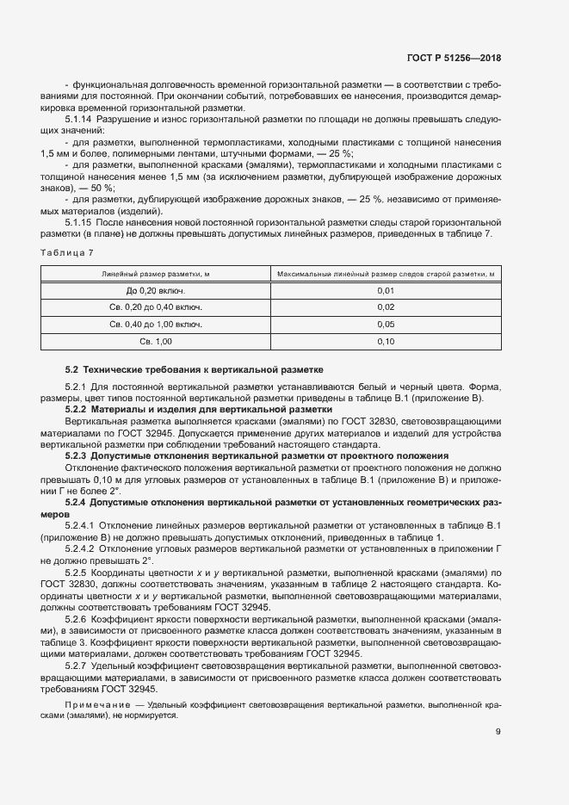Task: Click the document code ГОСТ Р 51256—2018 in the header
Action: [454, 59]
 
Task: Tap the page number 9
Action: [498, 733]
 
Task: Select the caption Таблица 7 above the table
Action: [66, 252]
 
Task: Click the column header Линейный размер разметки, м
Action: [156, 274]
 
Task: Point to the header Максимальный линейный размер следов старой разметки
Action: [385, 274]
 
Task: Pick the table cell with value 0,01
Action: [385, 290]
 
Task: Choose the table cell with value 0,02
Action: [385, 307]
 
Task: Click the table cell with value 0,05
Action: [385, 325]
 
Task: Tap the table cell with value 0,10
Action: [385, 342]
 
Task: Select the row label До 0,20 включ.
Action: [156, 290]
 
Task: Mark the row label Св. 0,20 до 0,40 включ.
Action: [156, 307]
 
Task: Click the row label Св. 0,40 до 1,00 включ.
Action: [156, 325]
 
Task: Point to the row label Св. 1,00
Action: [156, 342]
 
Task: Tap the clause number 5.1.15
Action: [79, 222]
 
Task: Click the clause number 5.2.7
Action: [77, 641]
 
